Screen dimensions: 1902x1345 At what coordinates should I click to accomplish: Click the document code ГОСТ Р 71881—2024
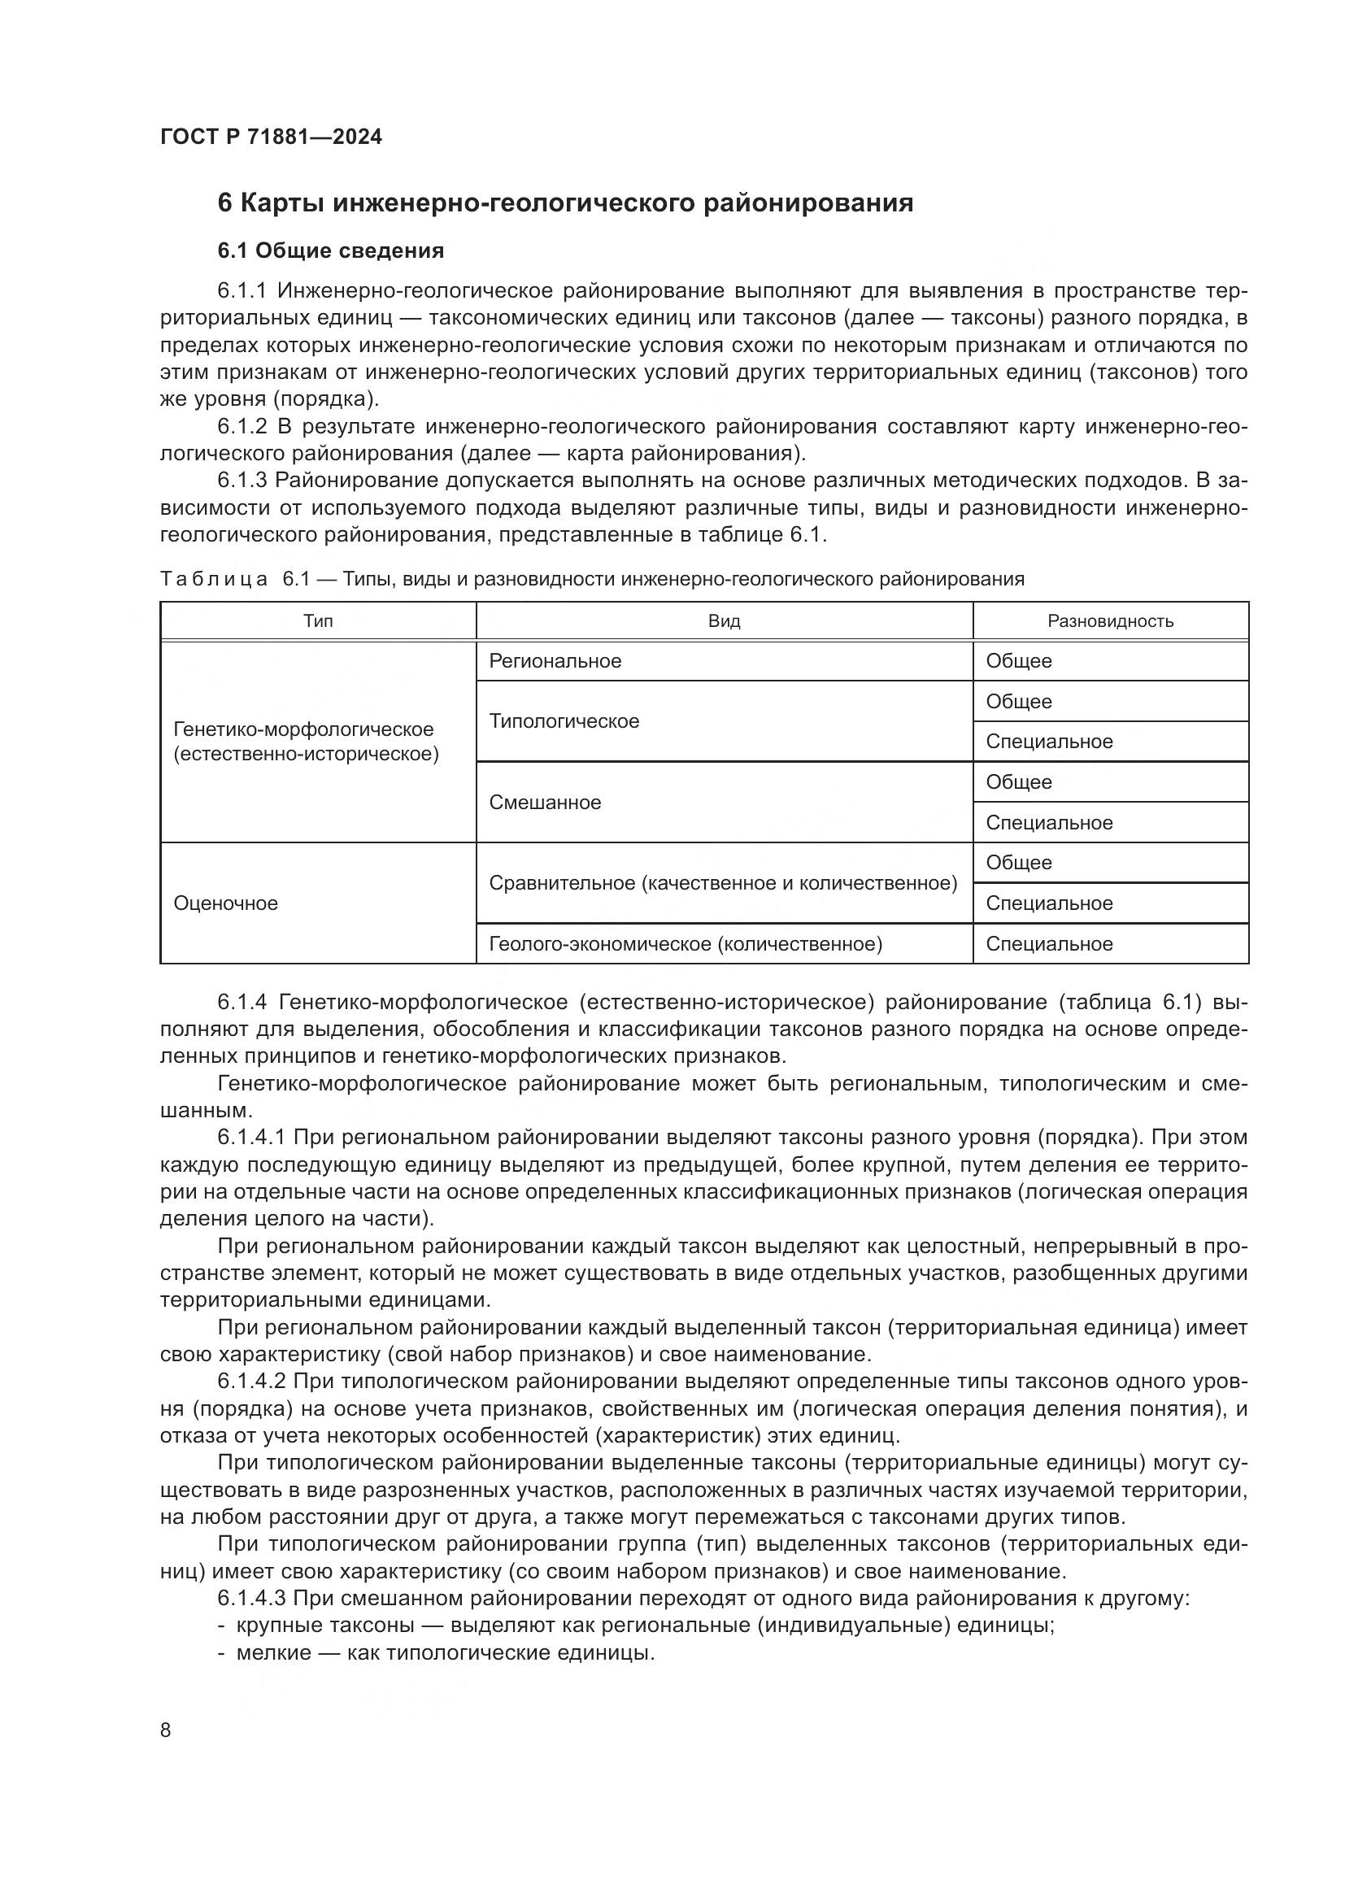[x=271, y=137]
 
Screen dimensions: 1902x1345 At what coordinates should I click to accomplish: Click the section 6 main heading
[x=565, y=203]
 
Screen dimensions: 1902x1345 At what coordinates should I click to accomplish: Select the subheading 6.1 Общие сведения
[x=330, y=250]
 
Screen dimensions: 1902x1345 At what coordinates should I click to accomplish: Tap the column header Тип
[x=318, y=621]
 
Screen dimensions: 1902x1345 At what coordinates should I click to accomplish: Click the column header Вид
[x=724, y=621]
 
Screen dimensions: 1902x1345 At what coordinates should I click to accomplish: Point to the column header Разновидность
[x=1110, y=621]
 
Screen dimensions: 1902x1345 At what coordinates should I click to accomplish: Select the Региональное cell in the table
[x=555, y=661]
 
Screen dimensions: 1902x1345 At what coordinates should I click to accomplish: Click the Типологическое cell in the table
[x=564, y=721]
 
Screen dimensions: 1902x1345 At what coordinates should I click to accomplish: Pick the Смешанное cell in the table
[x=545, y=803]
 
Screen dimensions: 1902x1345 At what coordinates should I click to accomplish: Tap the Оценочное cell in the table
[x=225, y=903]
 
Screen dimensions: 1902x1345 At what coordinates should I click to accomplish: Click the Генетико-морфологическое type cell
[x=306, y=742]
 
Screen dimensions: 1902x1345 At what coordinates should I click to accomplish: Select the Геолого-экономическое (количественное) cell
[x=685, y=944]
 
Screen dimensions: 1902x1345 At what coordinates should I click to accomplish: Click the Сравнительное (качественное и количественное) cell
[x=722, y=883]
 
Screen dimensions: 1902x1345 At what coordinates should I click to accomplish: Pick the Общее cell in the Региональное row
[x=1019, y=661]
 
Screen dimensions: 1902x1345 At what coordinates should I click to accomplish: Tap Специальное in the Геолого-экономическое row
[x=1049, y=944]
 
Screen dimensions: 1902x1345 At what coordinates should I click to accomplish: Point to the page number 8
[x=166, y=1730]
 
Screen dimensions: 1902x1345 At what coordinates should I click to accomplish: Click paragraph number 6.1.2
[x=242, y=428]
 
